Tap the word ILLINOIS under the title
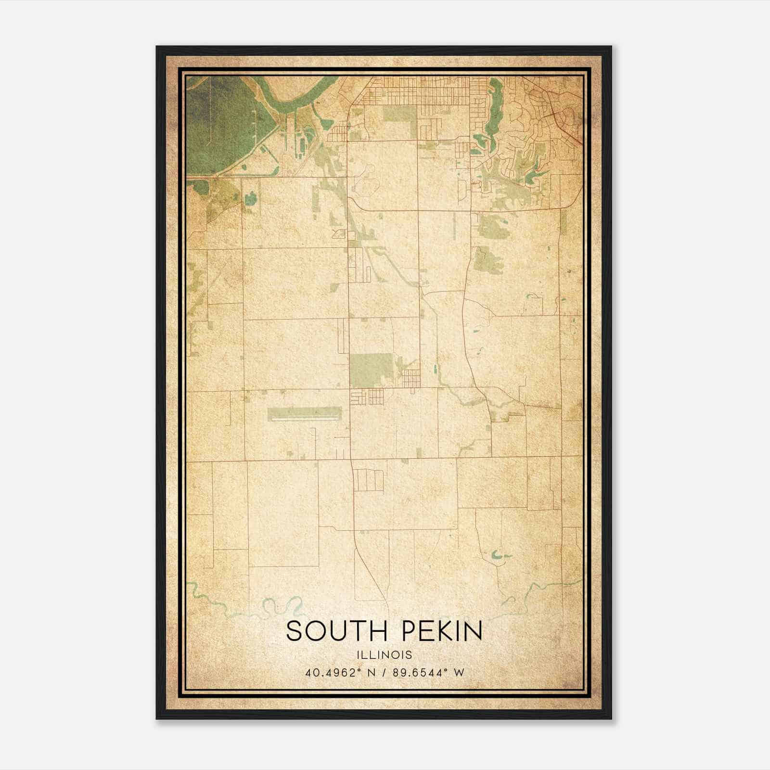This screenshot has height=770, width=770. click(x=384, y=655)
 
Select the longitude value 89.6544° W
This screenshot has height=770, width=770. click(x=428, y=672)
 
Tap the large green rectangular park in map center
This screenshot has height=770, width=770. click(x=371, y=370)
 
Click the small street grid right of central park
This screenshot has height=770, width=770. click(x=411, y=378)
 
